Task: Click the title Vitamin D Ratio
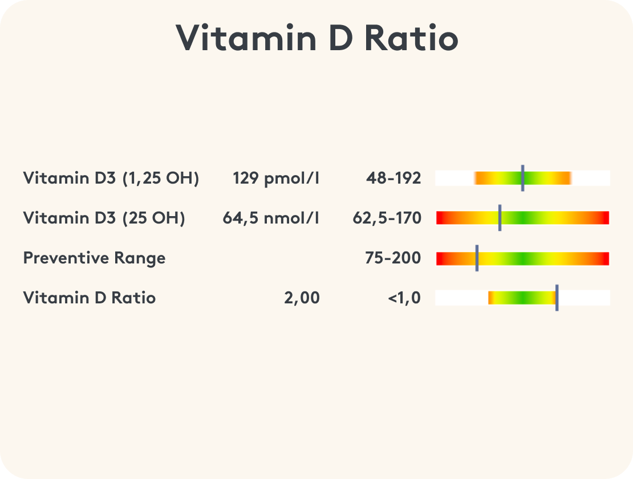(x=316, y=39)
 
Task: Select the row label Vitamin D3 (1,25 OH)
(x=111, y=178)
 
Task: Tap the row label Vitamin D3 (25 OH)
(x=104, y=218)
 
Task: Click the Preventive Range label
(x=94, y=258)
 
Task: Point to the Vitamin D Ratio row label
(x=90, y=298)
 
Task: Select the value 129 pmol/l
(x=276, y=178)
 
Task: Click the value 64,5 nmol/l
(x=271, y=218)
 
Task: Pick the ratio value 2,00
(x=302, y=298)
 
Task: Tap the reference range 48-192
(x=393, y=178)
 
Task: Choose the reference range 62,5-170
(x=387, y=218)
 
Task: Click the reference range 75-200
(x=393, y=258)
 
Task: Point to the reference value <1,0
(x=404, y=298)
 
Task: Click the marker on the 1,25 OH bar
(x=522, y=178)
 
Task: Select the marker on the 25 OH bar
(x=500, y=218)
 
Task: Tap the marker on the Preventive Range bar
(x=477, y=258)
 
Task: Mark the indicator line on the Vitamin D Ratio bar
(x=557, y=298)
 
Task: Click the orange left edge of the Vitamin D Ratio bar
(x=490, y=298)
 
